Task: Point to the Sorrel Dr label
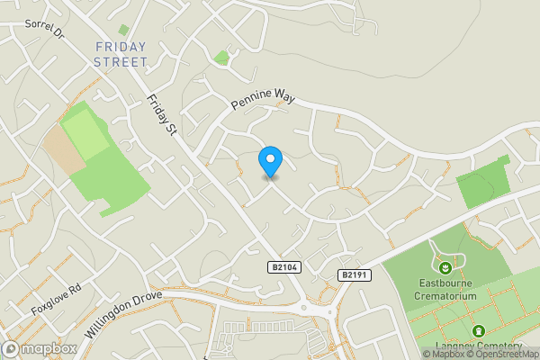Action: tap(46, 29)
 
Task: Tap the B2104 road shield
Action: tap(283, 267)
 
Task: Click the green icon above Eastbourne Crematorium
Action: tap(445, 266)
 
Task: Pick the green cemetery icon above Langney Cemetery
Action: tap(478, 331)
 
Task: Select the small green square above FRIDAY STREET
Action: tap(123, 30)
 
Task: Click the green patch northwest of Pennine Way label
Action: tap(221, 58)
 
